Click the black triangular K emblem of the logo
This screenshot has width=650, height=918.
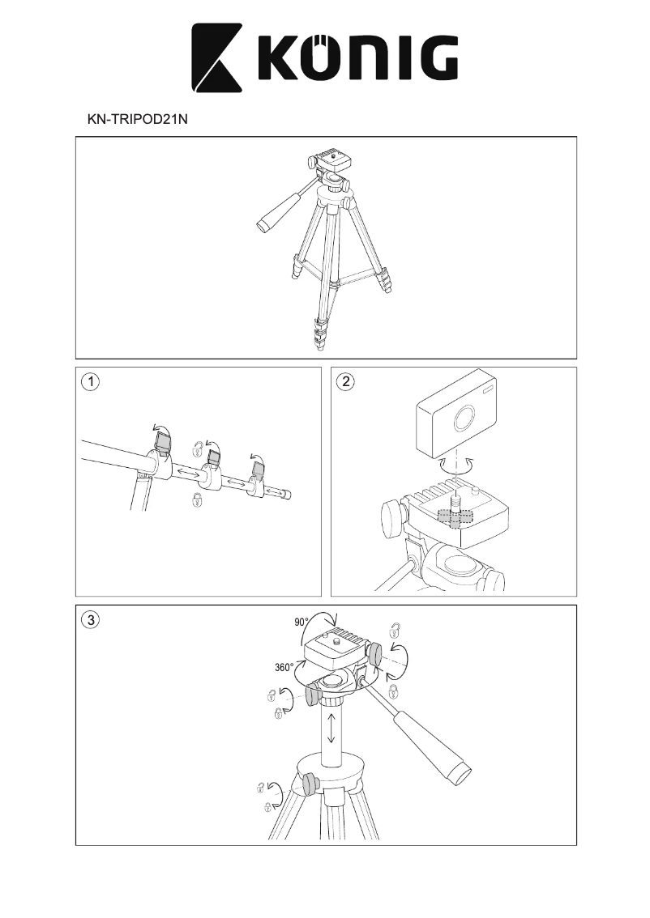tap(216, 59)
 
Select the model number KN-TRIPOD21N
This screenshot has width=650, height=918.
tap(137, 118)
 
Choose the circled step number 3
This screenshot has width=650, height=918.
tap(92, 621)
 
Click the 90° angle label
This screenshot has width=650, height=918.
tap(301, 623)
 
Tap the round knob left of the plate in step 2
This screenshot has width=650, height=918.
tap(391, 516)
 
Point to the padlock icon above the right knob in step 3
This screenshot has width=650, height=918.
tap(395, 630)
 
